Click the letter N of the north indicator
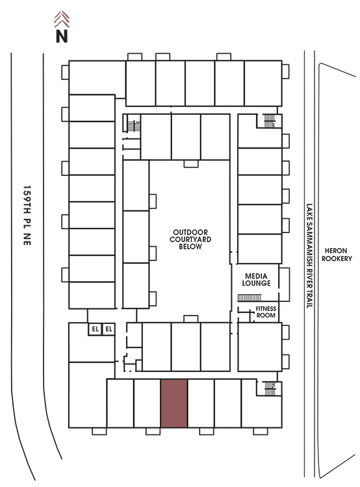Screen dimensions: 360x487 pos(62,36)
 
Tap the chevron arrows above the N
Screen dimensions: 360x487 pos(62,19)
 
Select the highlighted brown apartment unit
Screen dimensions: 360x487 pos(174,403)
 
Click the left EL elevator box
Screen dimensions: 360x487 pos(95,329)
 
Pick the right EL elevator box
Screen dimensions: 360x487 pos(109,329)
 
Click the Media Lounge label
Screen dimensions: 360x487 pos(256,279)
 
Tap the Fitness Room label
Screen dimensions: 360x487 pos(266,312)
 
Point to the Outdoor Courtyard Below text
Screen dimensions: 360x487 pos(190,239)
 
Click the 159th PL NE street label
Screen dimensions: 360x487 pos(27,216)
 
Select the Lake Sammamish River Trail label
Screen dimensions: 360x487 pos(309,256)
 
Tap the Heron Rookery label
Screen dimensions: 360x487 pos(337,255)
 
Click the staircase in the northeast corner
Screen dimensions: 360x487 pos(269,121)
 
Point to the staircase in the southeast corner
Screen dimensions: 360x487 pos(270,388)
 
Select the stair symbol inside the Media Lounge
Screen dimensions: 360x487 pos(250,298)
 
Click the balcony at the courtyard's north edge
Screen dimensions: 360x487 pos(191,164)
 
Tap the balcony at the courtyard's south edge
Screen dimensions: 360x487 pos(191,319)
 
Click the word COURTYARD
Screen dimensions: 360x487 pos(190,239)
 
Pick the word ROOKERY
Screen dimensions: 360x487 pos(337,258)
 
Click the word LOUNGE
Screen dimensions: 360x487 pos(256,283)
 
